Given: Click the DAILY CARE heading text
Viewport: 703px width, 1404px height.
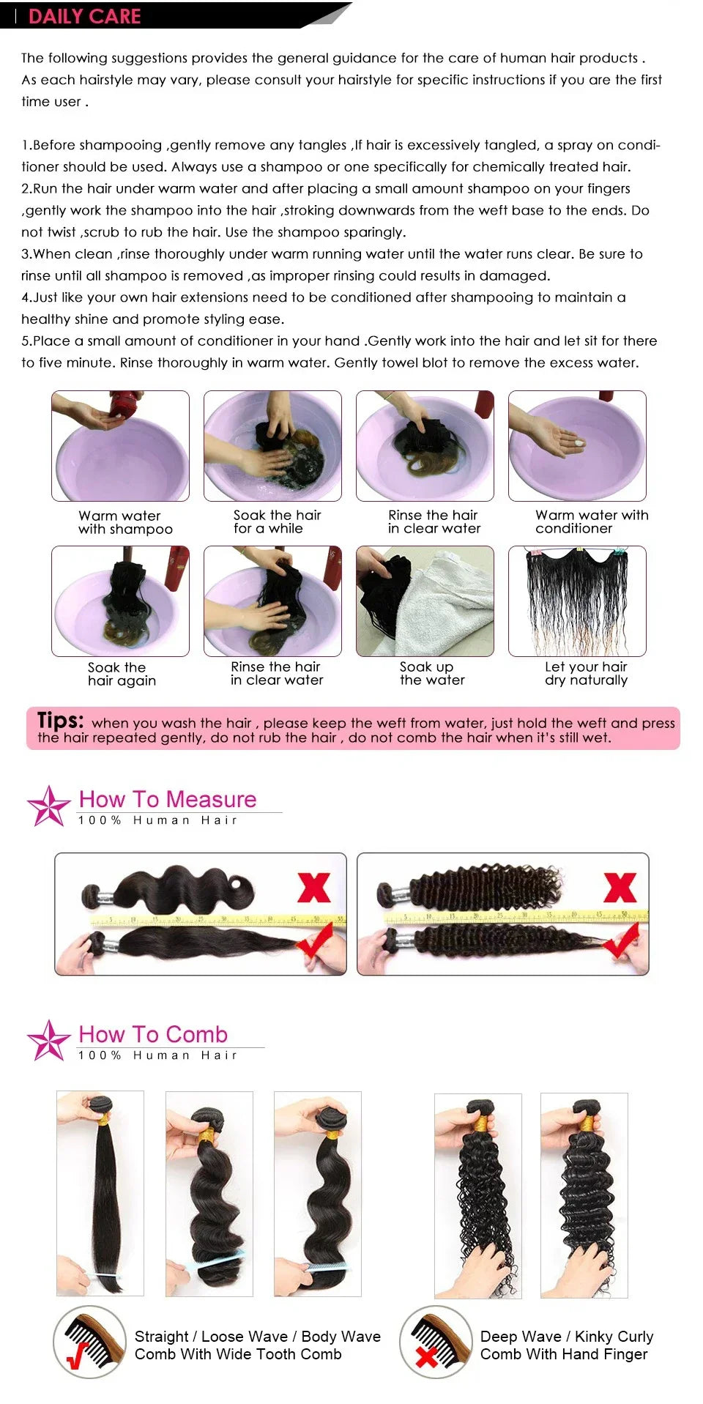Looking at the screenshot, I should click(x=84, y=16).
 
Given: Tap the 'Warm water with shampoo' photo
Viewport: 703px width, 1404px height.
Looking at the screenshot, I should click(x=120, y=445).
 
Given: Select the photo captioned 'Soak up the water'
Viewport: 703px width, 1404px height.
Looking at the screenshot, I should click(x=425, y=601).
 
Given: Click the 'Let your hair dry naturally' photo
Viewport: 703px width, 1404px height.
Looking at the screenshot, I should click(x=577, y=601).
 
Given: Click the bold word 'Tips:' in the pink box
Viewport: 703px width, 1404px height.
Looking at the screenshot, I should click(x=60, y=720).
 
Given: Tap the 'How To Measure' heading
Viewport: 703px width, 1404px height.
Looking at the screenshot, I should click(x=168, y=799).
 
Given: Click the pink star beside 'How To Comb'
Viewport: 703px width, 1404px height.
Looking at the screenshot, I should click(x=48, y=1040).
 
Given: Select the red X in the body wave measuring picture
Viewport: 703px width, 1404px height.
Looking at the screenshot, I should click(x=313, y=888).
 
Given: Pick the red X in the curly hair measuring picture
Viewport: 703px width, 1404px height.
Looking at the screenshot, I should click(x=620, y=888).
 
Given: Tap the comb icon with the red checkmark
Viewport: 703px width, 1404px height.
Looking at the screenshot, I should click(x=89, y=1342).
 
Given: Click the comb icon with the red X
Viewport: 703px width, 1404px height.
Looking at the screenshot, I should click(x=435, y=1342).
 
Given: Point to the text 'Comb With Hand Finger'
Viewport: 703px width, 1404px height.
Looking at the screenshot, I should click(x=564, y=1354).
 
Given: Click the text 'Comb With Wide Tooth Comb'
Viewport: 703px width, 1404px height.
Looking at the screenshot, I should click(x=238, y=1354).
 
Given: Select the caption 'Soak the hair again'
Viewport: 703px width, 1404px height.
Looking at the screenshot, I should click(x=121, y=674).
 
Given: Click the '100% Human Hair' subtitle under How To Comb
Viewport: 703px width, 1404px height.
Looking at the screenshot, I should click(x=158, y=1055).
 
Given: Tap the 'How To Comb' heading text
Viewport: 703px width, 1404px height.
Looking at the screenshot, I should click(x=153, y=1034).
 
